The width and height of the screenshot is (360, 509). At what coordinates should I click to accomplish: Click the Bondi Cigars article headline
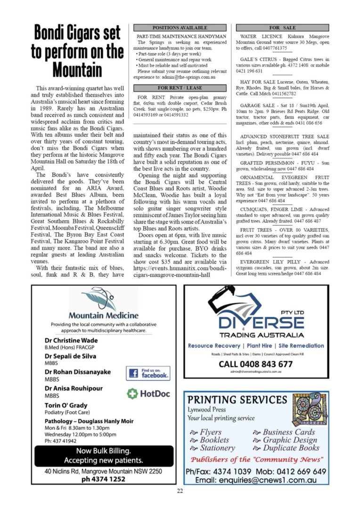77,50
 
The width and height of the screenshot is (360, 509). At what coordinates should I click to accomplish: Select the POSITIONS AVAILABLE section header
180,28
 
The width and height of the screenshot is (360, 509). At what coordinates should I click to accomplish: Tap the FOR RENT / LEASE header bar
180,88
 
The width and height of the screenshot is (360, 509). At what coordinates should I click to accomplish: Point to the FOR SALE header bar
282,28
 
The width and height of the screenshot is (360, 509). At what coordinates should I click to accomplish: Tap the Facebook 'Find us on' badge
148,373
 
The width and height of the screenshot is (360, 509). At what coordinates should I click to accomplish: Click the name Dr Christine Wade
71,340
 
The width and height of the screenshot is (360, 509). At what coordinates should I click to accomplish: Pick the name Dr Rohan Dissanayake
78,372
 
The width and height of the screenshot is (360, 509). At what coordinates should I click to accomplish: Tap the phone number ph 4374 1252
103,479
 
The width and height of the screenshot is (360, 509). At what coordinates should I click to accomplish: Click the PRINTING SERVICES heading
237,400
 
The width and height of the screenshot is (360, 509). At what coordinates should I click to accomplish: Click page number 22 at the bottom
180,491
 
